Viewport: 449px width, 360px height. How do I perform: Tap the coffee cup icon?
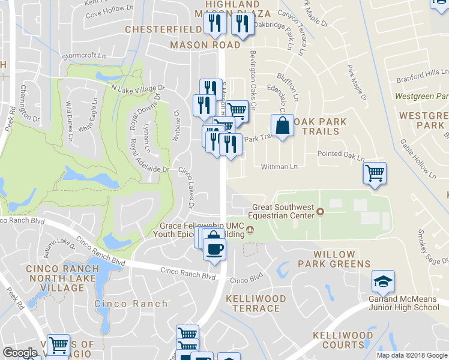click(214, 247)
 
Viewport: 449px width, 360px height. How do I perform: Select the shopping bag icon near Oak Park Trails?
click(282, 126)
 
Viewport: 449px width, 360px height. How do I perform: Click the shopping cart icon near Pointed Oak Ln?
click(375, 173)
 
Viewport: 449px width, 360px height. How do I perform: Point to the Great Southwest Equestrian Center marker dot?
click(320, 211)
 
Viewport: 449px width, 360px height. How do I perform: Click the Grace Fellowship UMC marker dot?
click(251, 230)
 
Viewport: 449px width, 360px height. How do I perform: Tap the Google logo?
click(20, 353)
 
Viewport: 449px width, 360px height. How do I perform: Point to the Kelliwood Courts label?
click(347, 340)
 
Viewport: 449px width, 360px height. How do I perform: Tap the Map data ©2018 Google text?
click(412, 355)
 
